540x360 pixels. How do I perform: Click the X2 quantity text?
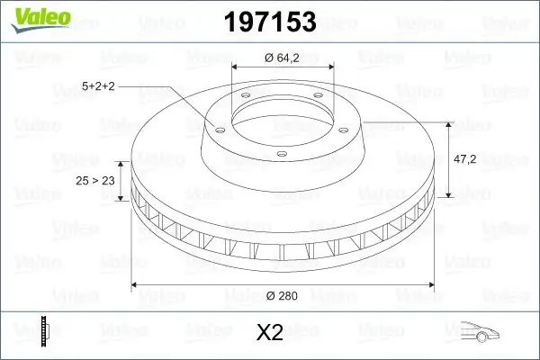[270, 333]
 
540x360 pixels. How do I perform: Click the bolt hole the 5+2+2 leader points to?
[216, 127]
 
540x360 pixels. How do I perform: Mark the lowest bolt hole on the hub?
[281, 154]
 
